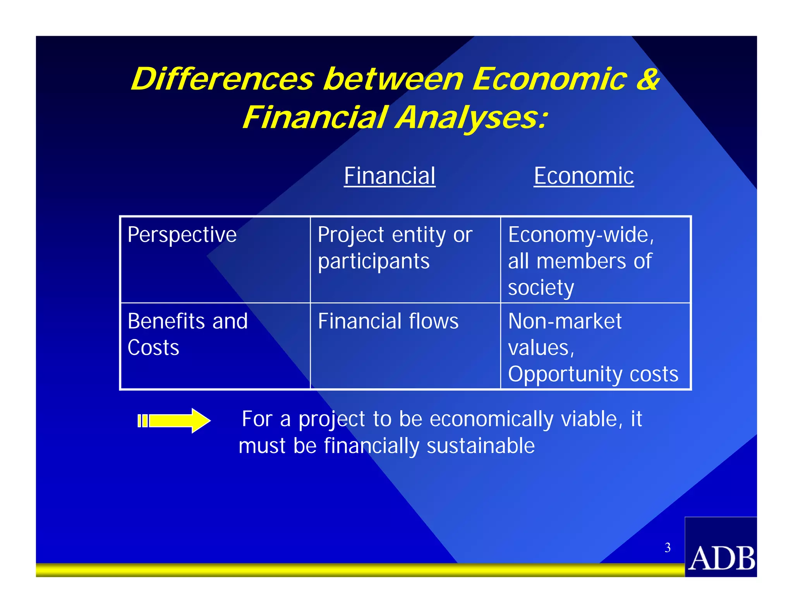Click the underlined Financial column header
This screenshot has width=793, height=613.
[390, 176]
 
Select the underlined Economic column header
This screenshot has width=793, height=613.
[584, 176]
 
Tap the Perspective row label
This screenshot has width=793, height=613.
[182, 235]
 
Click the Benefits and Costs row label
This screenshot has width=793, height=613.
[187, 334]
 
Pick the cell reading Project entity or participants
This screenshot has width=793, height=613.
[394, 248]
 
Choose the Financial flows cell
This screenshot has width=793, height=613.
[388, 322]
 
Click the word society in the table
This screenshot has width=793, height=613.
[541, 288]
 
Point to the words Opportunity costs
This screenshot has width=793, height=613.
[593, 374]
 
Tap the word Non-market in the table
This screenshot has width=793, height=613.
[565, 322]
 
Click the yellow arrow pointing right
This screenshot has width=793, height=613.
[174, 420]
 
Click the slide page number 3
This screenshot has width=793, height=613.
[668, 548]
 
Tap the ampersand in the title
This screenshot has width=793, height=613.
[647, 79]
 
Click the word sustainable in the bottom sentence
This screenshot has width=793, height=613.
[481, 446]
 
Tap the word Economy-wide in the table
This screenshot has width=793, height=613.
[581, 235]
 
